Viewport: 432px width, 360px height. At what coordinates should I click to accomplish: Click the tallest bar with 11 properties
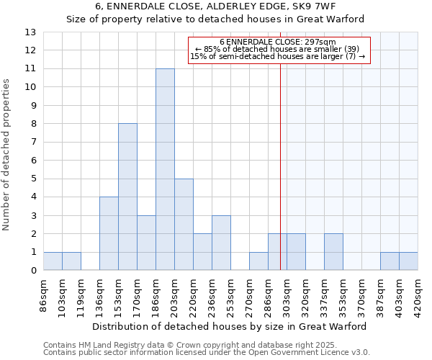(165, 169)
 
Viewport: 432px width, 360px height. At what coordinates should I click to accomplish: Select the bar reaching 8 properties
(127, 197)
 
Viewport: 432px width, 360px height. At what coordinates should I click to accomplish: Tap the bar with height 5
(184, 224)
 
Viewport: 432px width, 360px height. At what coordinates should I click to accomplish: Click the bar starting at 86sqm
(53, 261)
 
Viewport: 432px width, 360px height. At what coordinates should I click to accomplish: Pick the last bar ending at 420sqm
(408, 261)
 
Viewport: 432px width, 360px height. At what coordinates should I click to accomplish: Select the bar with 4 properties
(109, 233)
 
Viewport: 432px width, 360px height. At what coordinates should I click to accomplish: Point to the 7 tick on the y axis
(32, 142)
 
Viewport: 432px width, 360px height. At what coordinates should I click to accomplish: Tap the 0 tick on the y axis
(32, 271)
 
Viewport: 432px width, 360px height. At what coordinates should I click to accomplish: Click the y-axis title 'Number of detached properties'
(7, 156)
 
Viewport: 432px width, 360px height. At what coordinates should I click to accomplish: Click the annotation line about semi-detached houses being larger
(278, 56)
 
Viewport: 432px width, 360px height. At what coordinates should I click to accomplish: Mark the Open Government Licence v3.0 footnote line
(207, 352)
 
